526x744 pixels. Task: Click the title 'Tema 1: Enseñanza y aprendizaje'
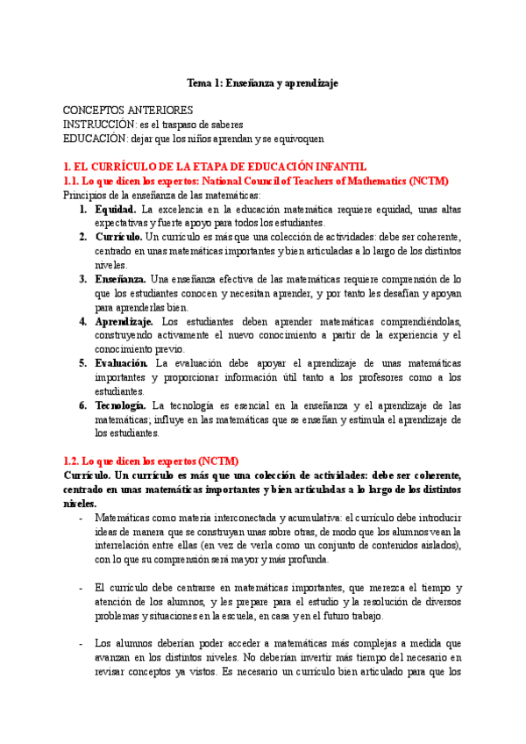pos(263,83)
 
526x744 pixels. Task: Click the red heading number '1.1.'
pos(74,181)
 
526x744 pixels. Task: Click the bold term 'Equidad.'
pos(115,209)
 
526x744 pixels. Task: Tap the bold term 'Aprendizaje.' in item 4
pos(124,321)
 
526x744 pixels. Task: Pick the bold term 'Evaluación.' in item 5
pos(122,363)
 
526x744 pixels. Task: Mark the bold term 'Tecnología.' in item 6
pos(120,405)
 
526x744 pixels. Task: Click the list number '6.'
pos(82,405)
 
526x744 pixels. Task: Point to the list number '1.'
pos(82,209)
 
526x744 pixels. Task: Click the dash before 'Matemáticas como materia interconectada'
pos(81,518)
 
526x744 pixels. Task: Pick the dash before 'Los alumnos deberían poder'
pos(81,642)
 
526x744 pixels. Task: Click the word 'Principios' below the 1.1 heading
pos(87,195)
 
